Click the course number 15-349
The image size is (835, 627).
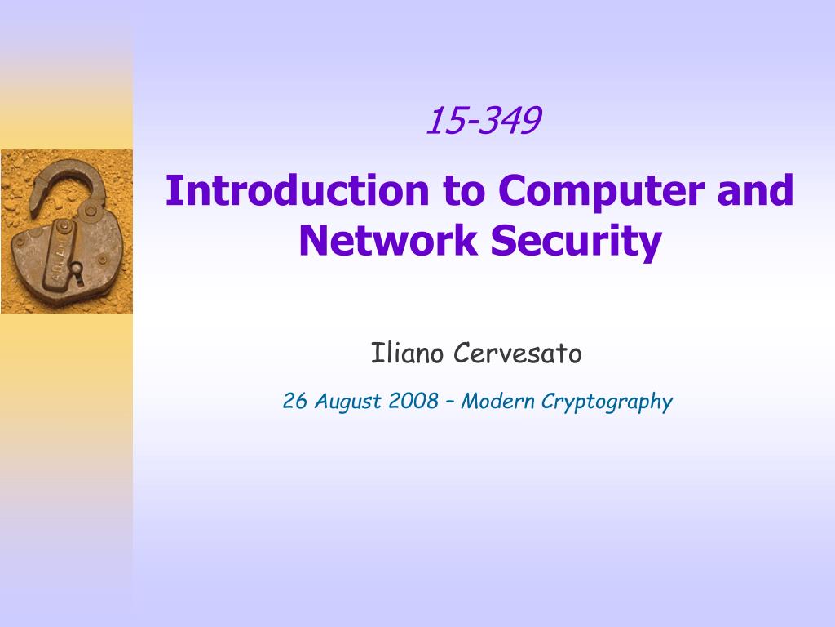click(x=484, y=120)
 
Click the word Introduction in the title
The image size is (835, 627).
click(x=297, y=190)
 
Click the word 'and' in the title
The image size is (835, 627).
click(x=755, y=190)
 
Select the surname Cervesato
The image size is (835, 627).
click(x=518, y=353)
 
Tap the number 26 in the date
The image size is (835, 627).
click(x=294, y=401)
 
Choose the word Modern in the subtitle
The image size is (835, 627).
click(x=497, y=401)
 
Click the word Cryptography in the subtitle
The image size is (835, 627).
click(x=607, y=402)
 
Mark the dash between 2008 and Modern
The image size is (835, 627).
click(x=449, y=402)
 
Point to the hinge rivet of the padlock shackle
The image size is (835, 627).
click(x=91, y=211)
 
